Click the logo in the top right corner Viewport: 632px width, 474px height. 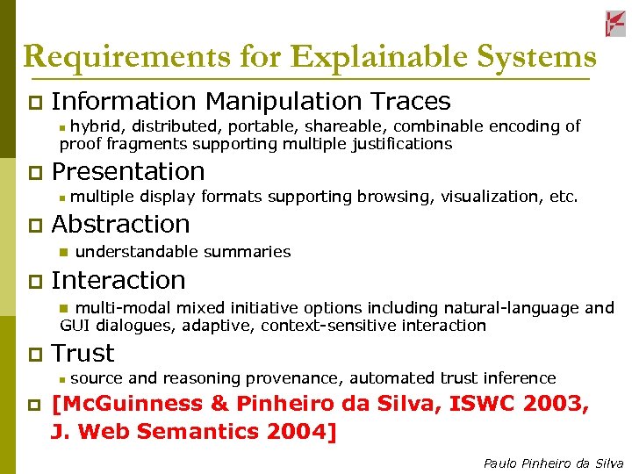(x=615, y=24)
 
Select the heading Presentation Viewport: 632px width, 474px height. (x=128, y=171)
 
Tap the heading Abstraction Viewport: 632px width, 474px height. (x=121, y=225)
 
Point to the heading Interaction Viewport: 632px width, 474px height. (x=118, y=281)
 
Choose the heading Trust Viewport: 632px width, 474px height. (x=83, y=354)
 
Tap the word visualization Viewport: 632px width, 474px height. (x=489, y=197)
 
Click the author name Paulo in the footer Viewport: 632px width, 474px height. (x=500, y=463)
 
